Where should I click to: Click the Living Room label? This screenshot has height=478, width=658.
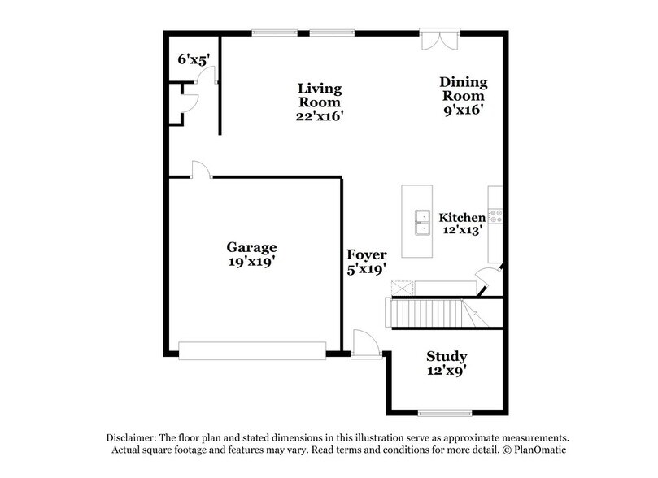[x=320, y=95]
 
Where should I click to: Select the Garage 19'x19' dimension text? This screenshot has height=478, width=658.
[x=252, y=261]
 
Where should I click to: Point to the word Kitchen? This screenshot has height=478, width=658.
[x=462, y=217]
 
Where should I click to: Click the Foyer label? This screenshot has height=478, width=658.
[x=366, y=254]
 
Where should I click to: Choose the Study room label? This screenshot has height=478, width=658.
[x=447, y=356]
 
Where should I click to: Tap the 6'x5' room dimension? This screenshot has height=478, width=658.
[x=194, y=59]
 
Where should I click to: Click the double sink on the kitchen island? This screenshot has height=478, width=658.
[x=422, y=223]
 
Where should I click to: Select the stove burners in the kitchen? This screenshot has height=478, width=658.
[x=496, y=215]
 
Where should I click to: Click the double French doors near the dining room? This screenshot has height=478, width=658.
[x=440, y=40]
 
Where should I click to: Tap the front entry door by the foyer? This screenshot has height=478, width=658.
[x=366, y=345]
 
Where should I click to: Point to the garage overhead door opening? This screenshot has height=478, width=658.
[x=252, y=350]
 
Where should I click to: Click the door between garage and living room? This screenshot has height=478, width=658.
[x=202, y=170]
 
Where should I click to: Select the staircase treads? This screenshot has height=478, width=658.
[x=426, y=313]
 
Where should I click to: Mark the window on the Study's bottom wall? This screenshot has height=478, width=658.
[x=445, y=413]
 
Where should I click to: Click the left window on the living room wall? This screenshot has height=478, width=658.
[x=274, y=33]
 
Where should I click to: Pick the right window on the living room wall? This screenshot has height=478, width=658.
[x=332, y=33]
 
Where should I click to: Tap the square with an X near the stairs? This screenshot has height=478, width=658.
[x=402, y=289]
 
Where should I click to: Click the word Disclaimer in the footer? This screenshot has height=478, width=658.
[x=131, y=437]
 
